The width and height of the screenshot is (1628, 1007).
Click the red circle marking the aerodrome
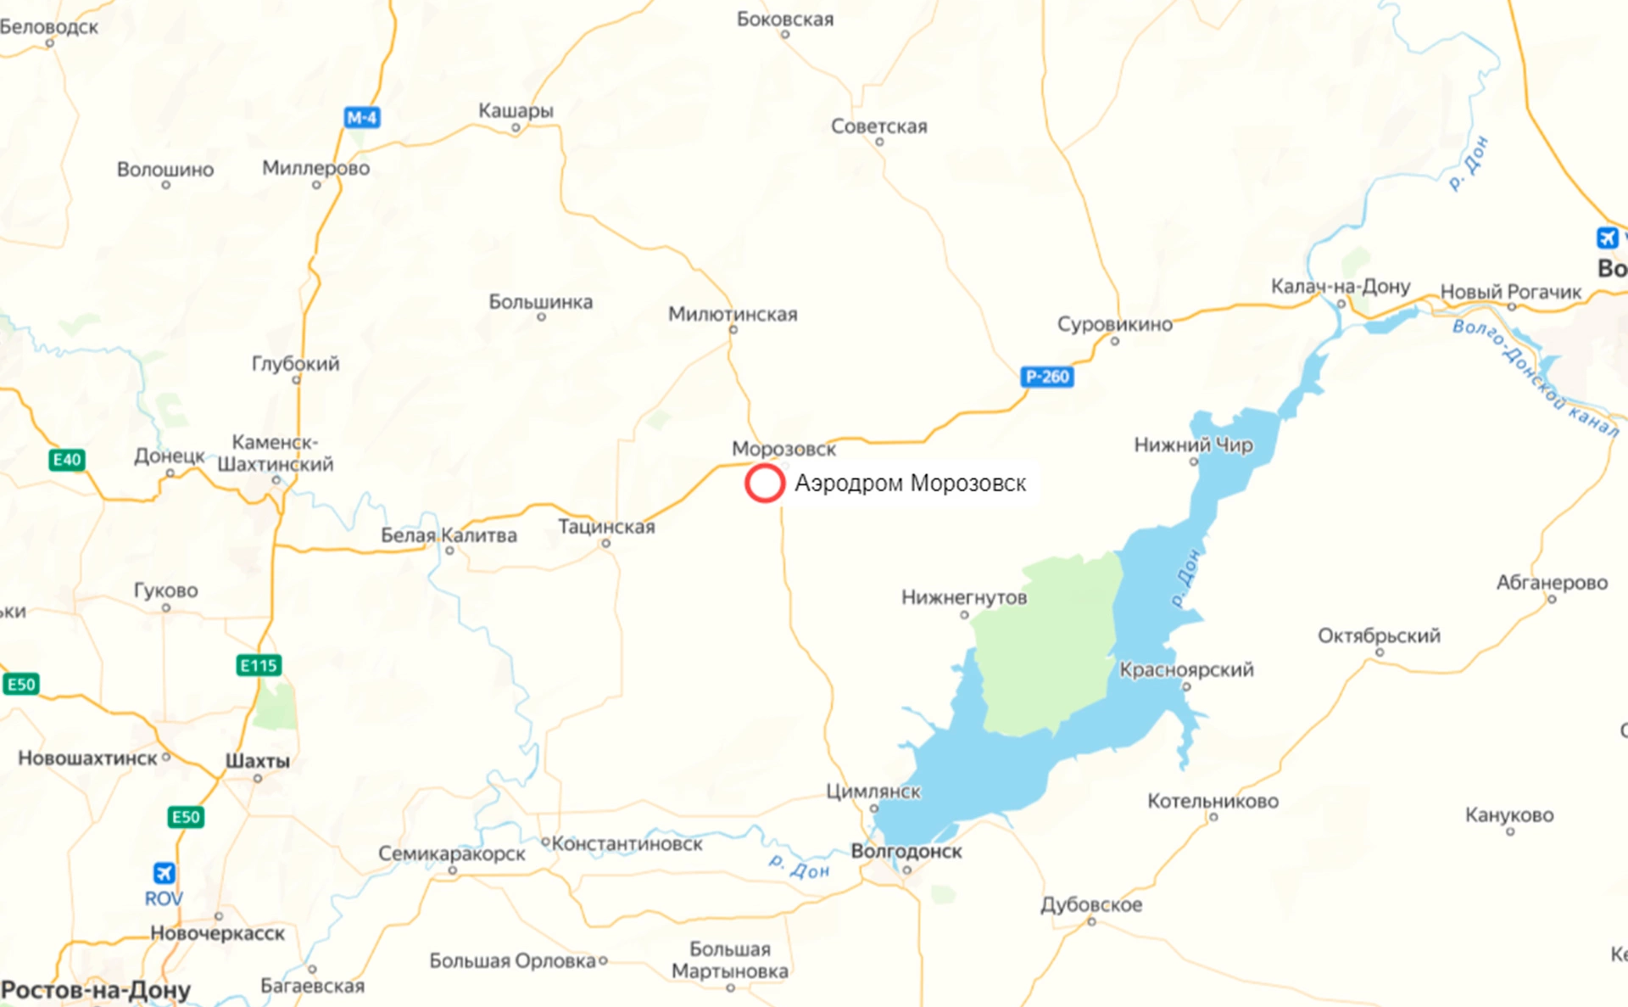pos(764,484)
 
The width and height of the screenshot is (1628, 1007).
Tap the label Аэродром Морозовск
pos(910,484)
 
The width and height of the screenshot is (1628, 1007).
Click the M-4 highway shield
pos(362,118)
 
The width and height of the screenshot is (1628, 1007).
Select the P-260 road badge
pos(1047,377)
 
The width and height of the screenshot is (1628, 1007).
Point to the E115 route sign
pos(259,665)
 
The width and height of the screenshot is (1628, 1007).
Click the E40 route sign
pos(67,460)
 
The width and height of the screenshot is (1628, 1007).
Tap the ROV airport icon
pos(164,873)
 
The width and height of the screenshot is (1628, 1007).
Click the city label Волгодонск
pos(906,851)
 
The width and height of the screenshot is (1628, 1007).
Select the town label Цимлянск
pos(873,791)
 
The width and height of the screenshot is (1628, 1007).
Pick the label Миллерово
pos(315,168)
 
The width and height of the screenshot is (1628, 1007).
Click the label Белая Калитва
pos(449,535)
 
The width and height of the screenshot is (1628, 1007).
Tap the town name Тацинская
pos(606,527)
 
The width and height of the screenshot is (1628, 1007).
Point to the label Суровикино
pos(1114,324)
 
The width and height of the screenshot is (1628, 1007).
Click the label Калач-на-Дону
pos(1340,287)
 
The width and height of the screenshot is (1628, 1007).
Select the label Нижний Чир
pos(1193,445)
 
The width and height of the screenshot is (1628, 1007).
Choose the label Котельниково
pos(1213,801)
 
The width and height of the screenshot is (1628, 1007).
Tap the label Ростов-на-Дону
pos(96,990)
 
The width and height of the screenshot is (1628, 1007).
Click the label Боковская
pos(785,19)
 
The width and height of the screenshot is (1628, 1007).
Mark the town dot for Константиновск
pos(546,842)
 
